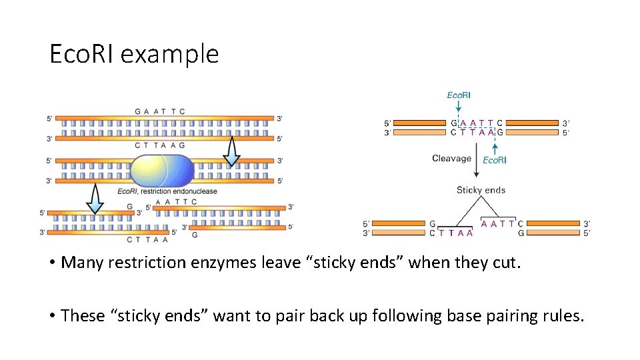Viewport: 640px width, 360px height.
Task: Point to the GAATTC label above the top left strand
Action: click(x=159, y=111)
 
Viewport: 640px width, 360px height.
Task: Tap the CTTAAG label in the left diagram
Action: click(x=159, y=145)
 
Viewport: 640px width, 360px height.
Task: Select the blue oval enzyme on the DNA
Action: click(x=161, y=171)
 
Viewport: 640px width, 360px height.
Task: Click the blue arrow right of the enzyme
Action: click(x=231, y=151)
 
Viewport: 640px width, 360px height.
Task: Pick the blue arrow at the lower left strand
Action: click(x=95, y=199)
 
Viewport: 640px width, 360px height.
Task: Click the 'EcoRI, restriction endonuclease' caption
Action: click(x=167, y=191)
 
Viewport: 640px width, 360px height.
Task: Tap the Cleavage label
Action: click(x=451, y=159)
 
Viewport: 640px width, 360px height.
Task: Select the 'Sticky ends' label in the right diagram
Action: click(x=481, y=190)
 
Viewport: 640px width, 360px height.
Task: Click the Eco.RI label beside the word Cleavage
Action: click(x=494, y=160)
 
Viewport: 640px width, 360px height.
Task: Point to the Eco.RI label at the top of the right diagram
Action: click(x=458, y=95)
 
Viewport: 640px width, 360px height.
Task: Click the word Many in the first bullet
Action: click(x=79, y=263)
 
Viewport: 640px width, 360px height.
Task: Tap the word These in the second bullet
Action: click(x=81, y=315)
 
